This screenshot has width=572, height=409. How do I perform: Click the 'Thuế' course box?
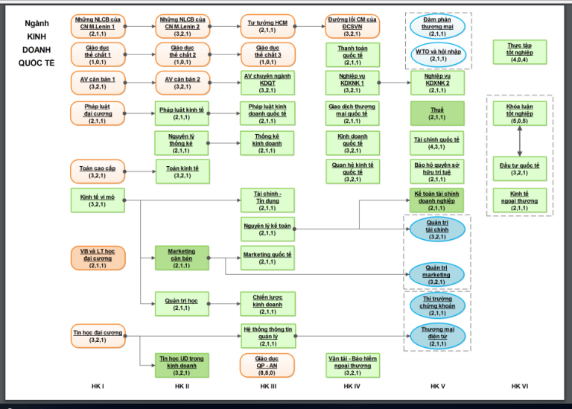tap(437, 112)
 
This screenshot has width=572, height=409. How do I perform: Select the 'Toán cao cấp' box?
tap(97, 171)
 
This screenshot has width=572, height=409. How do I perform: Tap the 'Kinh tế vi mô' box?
tap(97, 200)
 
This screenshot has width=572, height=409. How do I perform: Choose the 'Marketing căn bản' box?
tap(182, 258)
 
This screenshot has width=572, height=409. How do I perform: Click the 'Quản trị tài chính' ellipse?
tap(437, 228)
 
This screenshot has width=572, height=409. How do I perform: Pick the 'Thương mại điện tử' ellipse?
tap(437, 334)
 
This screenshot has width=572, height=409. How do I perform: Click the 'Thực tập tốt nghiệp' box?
tap(519, 52)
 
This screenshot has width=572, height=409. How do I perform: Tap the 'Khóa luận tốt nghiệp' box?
tap(519, 112)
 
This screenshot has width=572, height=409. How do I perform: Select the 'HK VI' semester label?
tap(519, 387)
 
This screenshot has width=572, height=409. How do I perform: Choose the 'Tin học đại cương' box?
tap(98, 334)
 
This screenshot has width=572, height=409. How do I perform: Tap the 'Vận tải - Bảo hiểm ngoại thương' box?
tap(352, 364)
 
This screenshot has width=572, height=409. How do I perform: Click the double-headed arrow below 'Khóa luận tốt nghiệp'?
tap(519, 142)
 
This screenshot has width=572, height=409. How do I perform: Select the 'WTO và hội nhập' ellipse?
tap(438, 55)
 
